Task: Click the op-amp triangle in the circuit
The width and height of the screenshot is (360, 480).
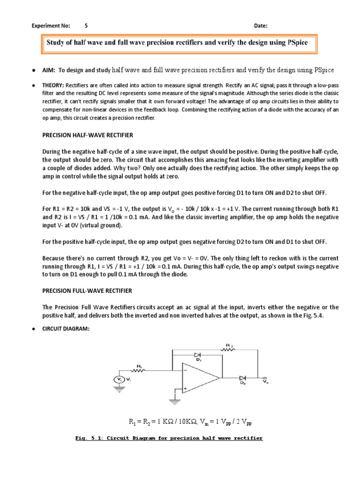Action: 199,378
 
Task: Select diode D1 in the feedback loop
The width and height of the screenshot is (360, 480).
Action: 198,355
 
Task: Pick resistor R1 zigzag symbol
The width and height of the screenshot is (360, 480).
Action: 140,370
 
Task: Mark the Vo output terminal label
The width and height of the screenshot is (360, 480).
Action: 266,382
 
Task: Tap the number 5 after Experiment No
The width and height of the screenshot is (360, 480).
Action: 86,25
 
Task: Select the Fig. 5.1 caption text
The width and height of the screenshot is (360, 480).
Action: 169,438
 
